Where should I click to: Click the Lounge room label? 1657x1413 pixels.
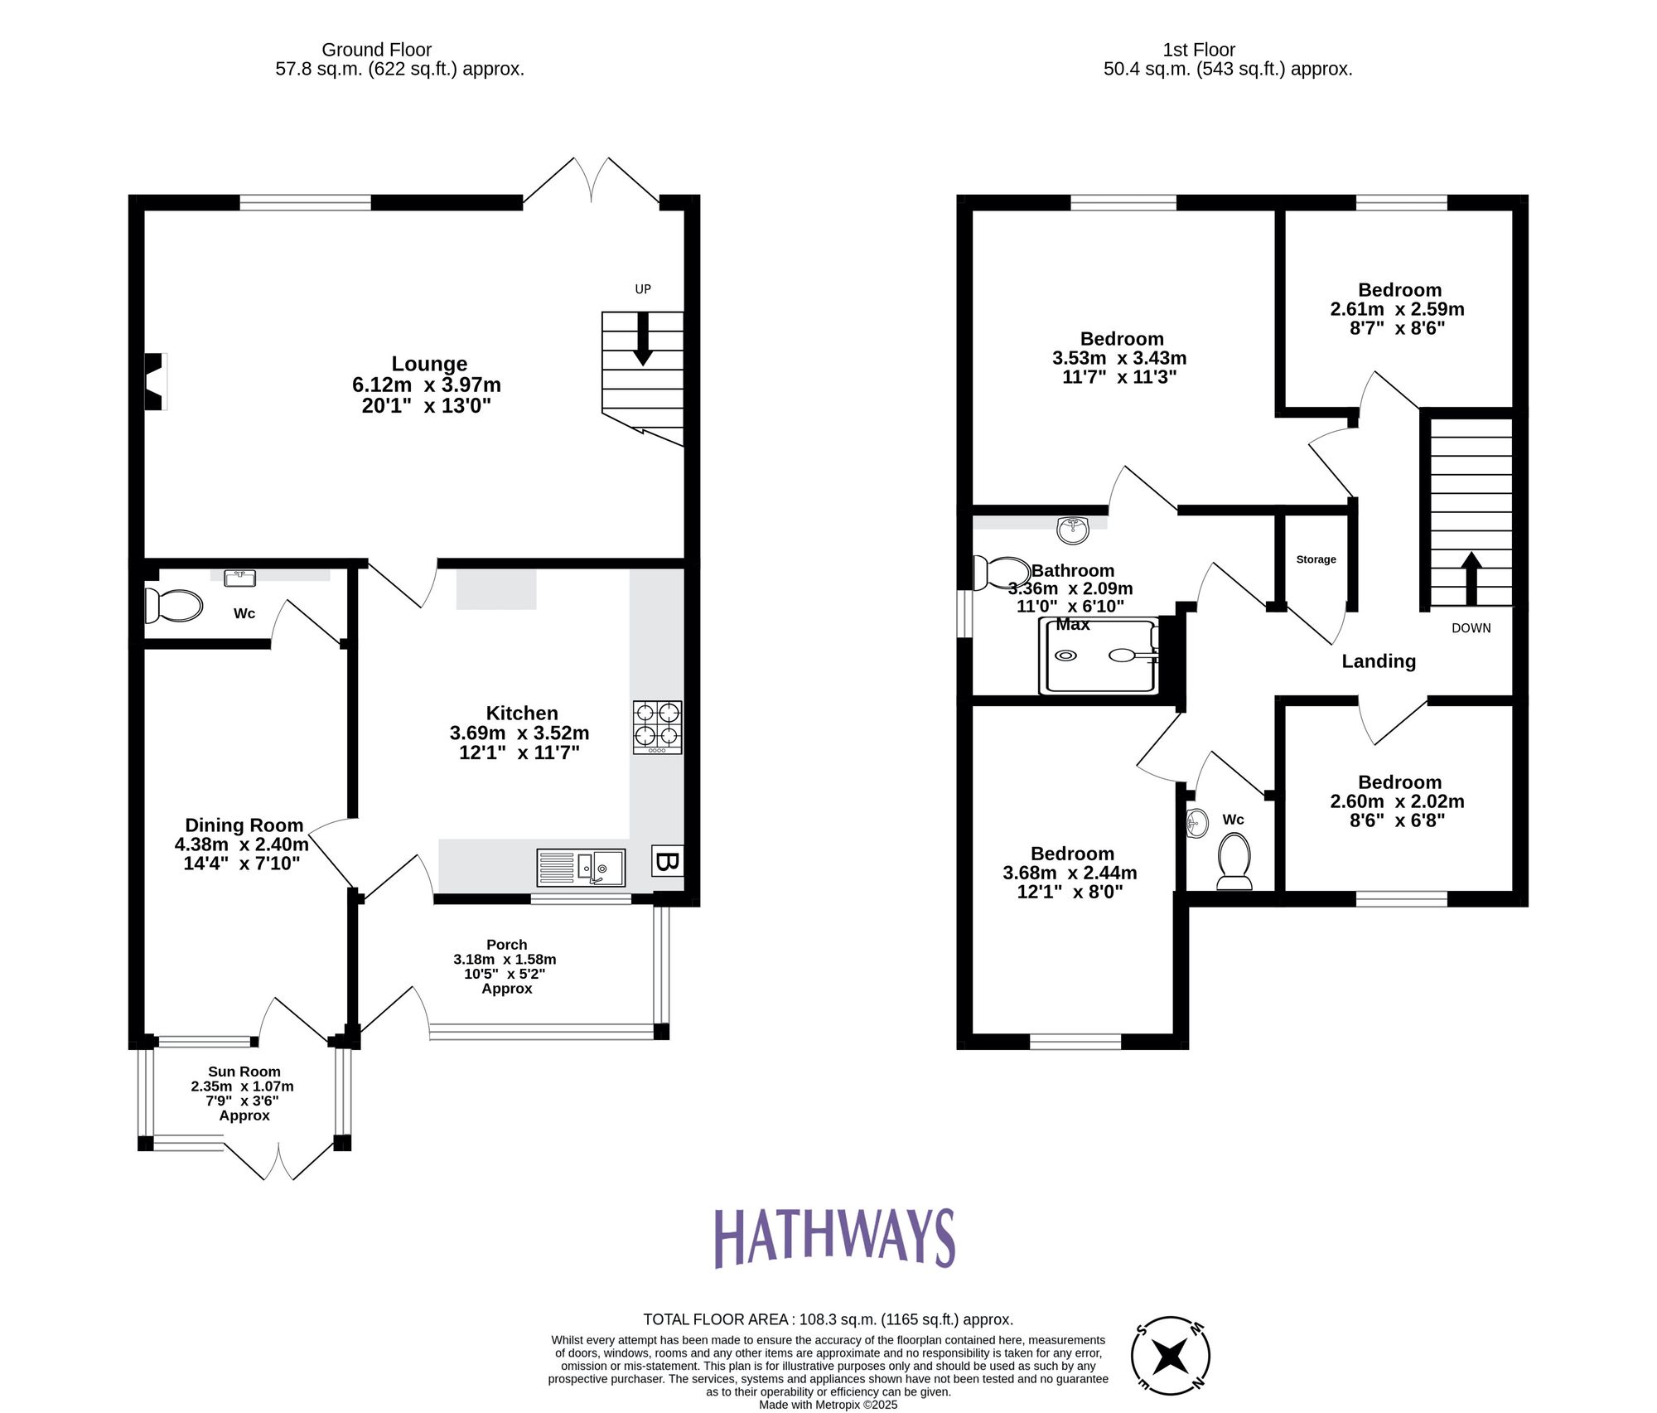[429, 364]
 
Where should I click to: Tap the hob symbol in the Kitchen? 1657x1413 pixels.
[657, 727]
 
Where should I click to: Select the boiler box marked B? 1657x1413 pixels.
[667, 862]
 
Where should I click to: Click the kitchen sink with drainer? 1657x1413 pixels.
[581, 868]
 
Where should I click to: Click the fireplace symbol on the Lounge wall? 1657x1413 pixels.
[155, 381]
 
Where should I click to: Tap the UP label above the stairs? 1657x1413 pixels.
[643, 289]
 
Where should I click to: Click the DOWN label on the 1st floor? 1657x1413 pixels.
[1471, 628]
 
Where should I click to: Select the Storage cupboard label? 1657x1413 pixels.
[1316, 559]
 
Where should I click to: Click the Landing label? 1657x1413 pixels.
[1379, 661]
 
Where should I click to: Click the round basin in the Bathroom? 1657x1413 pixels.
[1074, 530]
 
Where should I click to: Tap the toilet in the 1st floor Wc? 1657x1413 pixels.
[1234, 860]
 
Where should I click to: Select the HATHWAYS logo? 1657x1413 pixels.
[834, 1238]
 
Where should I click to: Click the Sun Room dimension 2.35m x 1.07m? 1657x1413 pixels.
[242, 1086]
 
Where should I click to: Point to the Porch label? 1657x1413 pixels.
[506, 945]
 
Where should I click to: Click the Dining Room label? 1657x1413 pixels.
[244, 825]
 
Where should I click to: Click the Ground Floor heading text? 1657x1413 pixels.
[376, 50]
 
